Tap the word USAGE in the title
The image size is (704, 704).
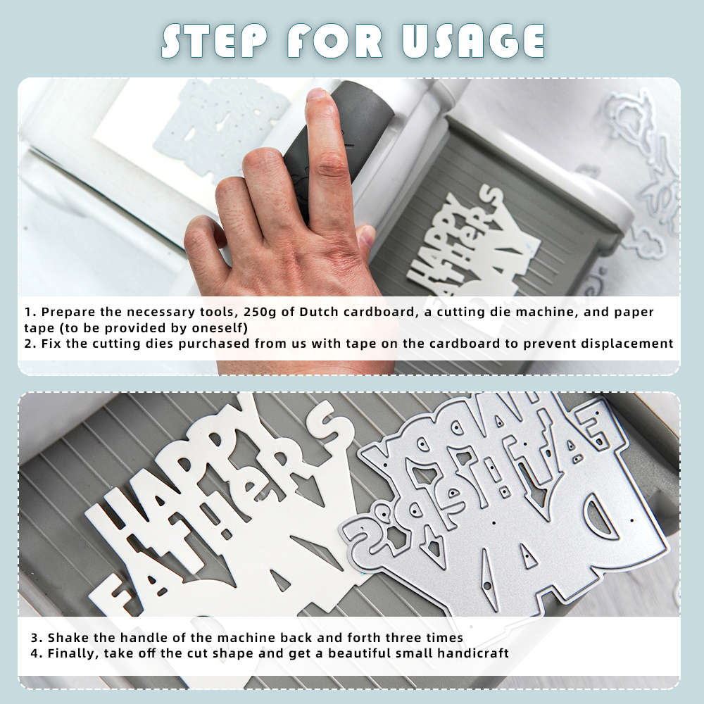pyautogui.click(x=473, y=42)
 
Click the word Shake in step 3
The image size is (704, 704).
pyautogui.click(x=67, y=638)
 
